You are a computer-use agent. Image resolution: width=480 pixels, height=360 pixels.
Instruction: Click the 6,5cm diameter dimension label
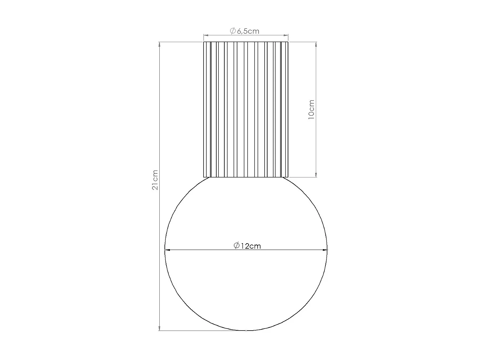click(x=245, y=31)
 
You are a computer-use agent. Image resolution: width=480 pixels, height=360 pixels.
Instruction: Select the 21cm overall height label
click(x=155, y=180)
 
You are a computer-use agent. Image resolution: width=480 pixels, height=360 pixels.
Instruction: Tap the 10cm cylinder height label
click(x=311, y=109)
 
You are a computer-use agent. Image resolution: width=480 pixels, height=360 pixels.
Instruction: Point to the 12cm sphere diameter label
click(x=247, y=246)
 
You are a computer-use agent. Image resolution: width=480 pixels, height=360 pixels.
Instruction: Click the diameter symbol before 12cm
click(x=237, y=246)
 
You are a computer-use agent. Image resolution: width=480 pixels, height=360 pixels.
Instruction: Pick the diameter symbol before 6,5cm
click(x=233, y=31)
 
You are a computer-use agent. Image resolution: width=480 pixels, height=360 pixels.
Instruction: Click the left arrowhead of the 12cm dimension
click(x=167, y=250)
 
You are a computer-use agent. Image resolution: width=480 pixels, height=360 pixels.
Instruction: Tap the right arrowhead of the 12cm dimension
click(x=325, y=250)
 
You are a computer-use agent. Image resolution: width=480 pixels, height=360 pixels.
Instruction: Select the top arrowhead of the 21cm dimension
click(x=159, y=44)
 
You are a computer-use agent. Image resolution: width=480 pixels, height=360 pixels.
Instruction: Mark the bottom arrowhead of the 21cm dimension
click(x=159, y=328)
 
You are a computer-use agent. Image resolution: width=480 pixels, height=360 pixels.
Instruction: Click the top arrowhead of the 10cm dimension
click(x=316, y=44)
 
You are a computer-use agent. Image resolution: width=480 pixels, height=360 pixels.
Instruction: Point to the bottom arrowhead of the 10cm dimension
click(x=316, y=175)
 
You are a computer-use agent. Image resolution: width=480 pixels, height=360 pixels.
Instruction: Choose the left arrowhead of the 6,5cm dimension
click(x=206, y=36)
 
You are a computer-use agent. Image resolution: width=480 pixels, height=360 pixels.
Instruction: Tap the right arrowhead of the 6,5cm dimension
click(x=286, y=36)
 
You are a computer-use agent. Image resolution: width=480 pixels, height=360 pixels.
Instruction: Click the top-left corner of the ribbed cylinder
click(x=204, y=42)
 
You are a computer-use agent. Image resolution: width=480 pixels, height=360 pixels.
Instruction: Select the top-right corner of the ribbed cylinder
click(x=288, y=42)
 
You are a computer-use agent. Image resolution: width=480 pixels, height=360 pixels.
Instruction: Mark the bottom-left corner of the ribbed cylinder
click(x=204, y=177)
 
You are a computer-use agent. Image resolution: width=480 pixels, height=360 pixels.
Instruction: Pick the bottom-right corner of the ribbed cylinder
click(x=288, y=177)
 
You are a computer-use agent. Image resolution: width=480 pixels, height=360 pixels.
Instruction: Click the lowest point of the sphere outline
click(x=246, y=331)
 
